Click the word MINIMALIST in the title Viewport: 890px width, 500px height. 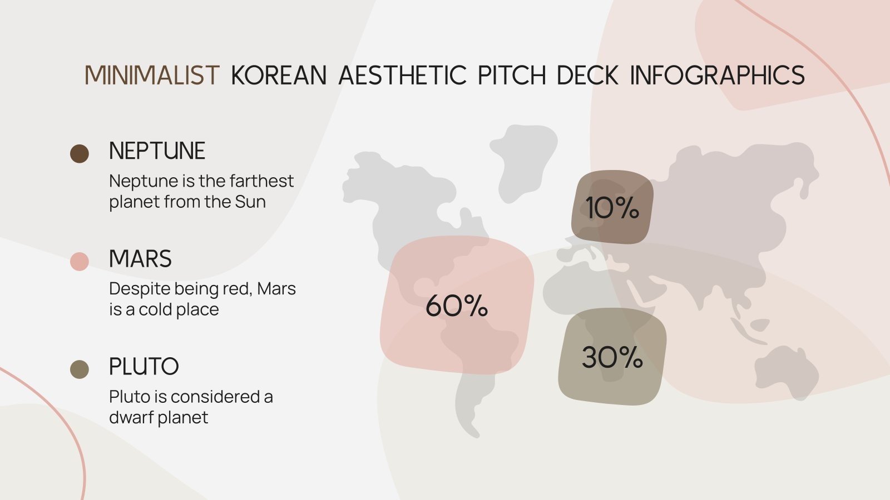[152, 76]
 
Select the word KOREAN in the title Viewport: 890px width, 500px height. [279, 76]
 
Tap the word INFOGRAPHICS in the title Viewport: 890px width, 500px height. [717, 76]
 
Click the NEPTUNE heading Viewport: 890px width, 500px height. [157, 151]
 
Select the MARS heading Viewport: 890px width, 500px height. [140, 259]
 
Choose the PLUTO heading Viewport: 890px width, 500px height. [144, 367]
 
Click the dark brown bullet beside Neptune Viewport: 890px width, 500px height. [80, 154]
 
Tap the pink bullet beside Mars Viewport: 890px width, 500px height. [80, 262]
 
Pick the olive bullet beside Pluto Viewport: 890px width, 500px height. [80, 369]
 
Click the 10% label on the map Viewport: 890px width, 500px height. [612, 208]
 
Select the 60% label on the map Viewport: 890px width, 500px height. [457, 306]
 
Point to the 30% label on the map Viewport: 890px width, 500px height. [612, 357]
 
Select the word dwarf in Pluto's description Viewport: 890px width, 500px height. [131, 417]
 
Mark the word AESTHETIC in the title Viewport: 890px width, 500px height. [402, 76]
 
